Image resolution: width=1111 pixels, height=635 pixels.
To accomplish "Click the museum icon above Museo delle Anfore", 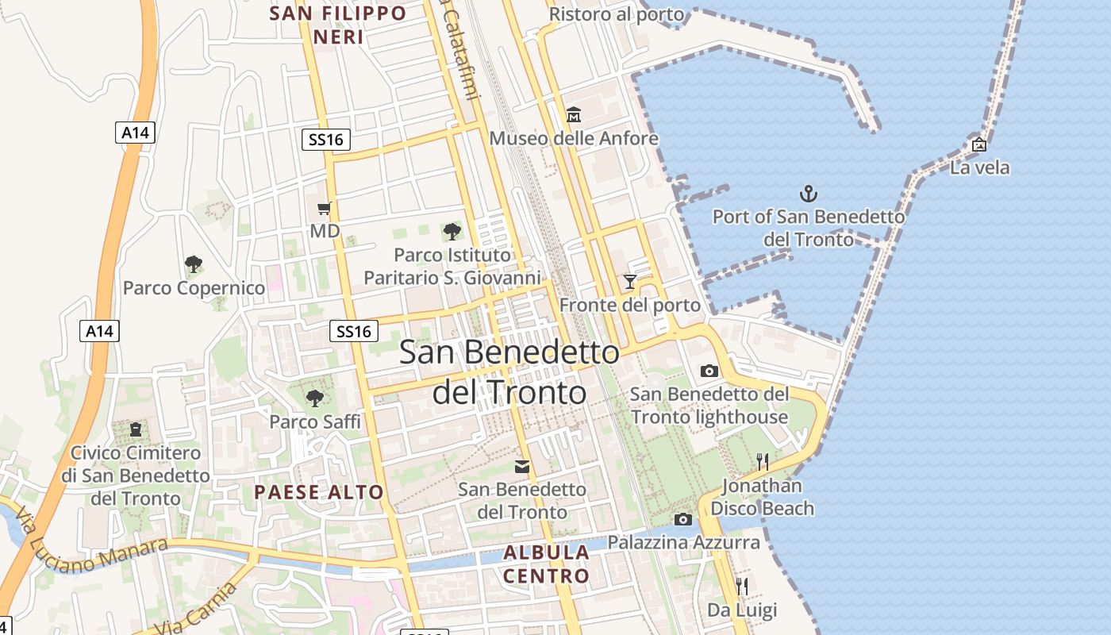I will (574, 115).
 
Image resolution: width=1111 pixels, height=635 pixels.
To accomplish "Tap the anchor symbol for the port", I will (808, 193).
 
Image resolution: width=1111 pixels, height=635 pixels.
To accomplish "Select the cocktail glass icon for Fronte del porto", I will (630, 281).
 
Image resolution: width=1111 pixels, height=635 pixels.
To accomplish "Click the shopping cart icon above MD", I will (324, 209).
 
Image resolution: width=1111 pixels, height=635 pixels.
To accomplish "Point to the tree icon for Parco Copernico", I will (194, 264).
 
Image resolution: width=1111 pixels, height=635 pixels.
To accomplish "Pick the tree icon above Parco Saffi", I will (315, 398).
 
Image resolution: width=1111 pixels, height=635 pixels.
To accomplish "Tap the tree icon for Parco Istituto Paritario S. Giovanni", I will (452, 232).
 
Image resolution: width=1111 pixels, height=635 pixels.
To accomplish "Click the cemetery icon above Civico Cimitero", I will (136, 429).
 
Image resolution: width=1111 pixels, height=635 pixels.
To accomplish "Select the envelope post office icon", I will (522, 466).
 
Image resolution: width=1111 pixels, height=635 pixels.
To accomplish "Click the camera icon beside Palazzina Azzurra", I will (682, 520).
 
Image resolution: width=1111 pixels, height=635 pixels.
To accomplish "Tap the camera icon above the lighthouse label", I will (709, 371).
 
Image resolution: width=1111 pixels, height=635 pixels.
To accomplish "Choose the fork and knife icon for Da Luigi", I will (742, 587).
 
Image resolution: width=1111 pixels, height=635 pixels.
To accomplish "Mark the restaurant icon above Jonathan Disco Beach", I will (763, 461).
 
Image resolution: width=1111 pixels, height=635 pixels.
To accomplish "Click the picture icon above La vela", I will (979, 144).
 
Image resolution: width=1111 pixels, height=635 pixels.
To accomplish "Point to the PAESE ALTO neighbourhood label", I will (319, 492).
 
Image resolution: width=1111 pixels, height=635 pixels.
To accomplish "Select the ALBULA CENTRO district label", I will (547, 564).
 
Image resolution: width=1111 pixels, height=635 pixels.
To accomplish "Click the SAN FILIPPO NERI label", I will (338, 25).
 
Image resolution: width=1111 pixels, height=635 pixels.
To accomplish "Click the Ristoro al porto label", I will (617, 14).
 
